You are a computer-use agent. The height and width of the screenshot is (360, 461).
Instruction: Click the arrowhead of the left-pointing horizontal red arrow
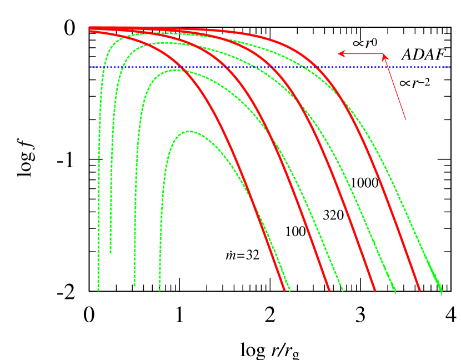(x=340, y=54)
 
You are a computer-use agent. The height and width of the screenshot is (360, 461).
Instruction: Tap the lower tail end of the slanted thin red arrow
(x=405, y=119)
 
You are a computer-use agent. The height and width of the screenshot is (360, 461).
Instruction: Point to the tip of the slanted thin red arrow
(x=384, y=55)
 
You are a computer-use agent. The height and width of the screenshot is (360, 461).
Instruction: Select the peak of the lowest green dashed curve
(x=189, y=132)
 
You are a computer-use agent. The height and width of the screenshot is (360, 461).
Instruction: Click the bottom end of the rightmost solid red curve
(x=419, y=290)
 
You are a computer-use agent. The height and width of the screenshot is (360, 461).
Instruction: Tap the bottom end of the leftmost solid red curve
(x=284, y=290)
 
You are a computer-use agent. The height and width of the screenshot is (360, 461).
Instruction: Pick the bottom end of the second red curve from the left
(x=329, y=290)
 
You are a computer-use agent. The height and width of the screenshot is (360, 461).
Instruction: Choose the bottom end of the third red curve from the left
(x=374, y=290)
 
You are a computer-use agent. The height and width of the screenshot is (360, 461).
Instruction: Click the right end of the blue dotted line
(x=449, y=67)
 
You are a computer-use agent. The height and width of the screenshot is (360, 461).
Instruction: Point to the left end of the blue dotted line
(x=90, y=67)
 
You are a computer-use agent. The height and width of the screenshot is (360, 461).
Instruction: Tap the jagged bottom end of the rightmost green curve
(x=440, y=292)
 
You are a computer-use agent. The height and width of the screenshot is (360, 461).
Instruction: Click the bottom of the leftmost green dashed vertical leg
(x=98, y=289)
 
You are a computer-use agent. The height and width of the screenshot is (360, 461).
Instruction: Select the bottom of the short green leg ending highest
(x=111, y=253)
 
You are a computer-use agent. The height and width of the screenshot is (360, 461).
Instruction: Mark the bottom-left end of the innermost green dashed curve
(x=160, y=289)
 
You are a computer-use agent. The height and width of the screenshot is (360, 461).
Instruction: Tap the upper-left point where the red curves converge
(x=91, y=29)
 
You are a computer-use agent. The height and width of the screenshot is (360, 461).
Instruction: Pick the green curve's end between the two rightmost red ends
(x=394, y=291)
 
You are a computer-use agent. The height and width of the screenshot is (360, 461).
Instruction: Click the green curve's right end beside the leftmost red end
(x=289, y=291)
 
